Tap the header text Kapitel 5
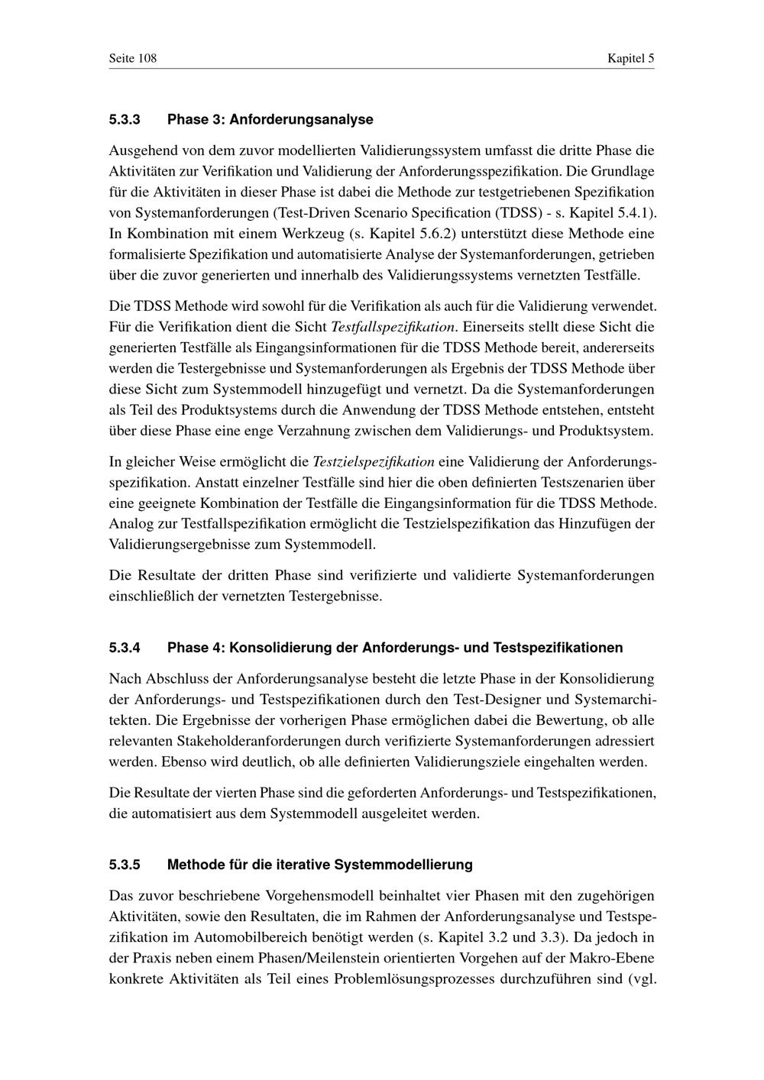point(630,59)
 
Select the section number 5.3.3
point(125,120)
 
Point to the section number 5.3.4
point(125,648)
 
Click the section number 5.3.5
point(125,865)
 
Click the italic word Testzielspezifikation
point(374,462)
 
